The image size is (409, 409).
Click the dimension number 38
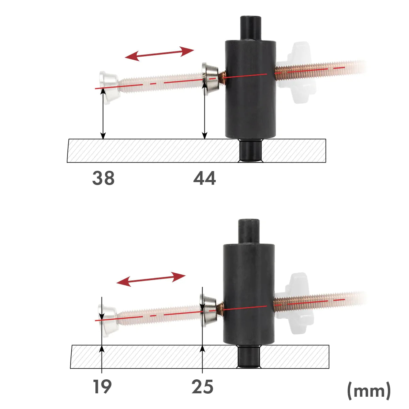(103, 178)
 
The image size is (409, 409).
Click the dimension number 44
(204, 178)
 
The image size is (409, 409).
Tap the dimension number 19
(102, 387)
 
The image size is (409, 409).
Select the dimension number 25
(202, 387)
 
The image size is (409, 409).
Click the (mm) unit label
(369, 390)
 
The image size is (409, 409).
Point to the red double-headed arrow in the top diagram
(159, 54)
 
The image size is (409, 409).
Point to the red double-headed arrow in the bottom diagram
(151, 279)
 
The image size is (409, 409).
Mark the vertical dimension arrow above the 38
(103, 114)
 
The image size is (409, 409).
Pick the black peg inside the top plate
(251, 151)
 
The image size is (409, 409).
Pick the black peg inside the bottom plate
(248, 357)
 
